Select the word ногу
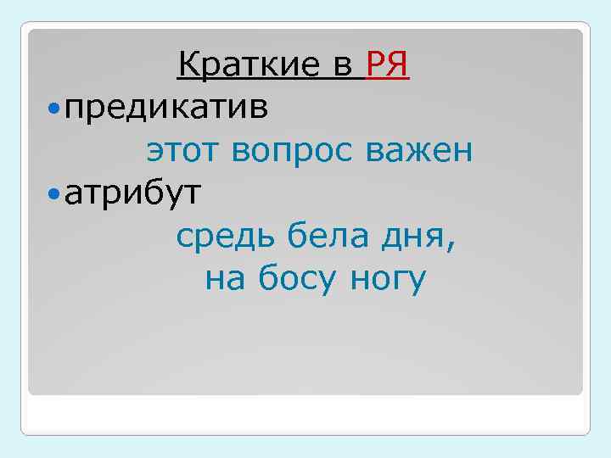click(386, 282)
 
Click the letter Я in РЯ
click(400, 64)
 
